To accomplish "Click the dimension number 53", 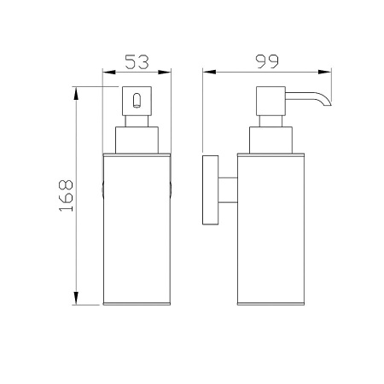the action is (x=137, y=62).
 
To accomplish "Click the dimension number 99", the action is (x=267, y=61).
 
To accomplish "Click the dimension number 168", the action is (x=66, y=195).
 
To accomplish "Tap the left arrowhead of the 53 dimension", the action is (x=109, y=73).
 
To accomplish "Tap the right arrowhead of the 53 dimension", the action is (x=165, y=73).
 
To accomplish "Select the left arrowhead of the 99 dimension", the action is (x=209, y=73).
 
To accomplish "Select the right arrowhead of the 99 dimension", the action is (x=325, y=73).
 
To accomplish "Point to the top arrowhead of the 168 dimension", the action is (x=76, y=94).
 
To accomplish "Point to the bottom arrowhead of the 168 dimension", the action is (x=76, y=298).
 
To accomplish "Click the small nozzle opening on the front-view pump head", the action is (x=137, y=101).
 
